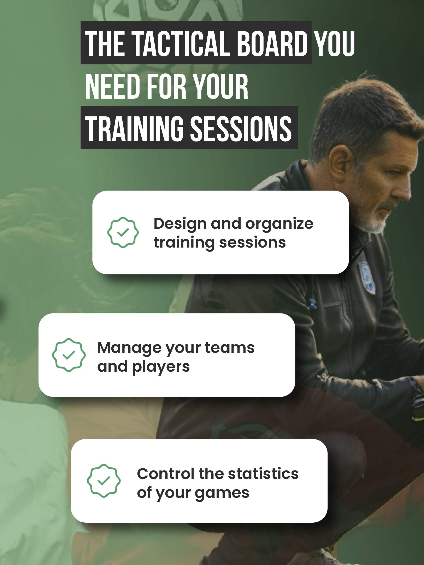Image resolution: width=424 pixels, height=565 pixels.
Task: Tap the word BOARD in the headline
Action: pos(272,43)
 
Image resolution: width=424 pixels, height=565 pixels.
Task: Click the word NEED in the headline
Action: pos(112,86)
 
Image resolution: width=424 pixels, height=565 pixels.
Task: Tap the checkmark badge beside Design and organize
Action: pos(123,232)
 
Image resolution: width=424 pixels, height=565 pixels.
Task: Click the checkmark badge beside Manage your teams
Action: pos(69,355)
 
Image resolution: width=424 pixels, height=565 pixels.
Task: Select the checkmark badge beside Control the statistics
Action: pos(104,481)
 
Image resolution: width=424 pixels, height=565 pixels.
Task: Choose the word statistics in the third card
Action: pos(263,474)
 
